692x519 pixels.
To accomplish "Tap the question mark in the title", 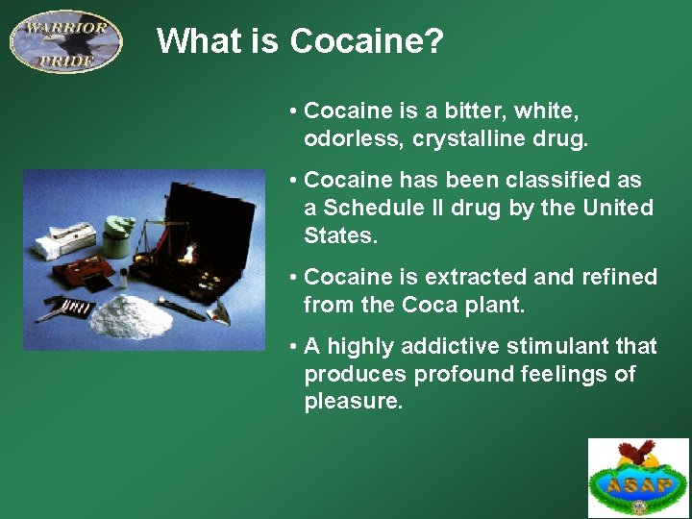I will pos(433,41).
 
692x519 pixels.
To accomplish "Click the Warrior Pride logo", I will pos(66,40).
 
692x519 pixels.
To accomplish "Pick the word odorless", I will pos(355,138).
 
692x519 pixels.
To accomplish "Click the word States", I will pos(337,235).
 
